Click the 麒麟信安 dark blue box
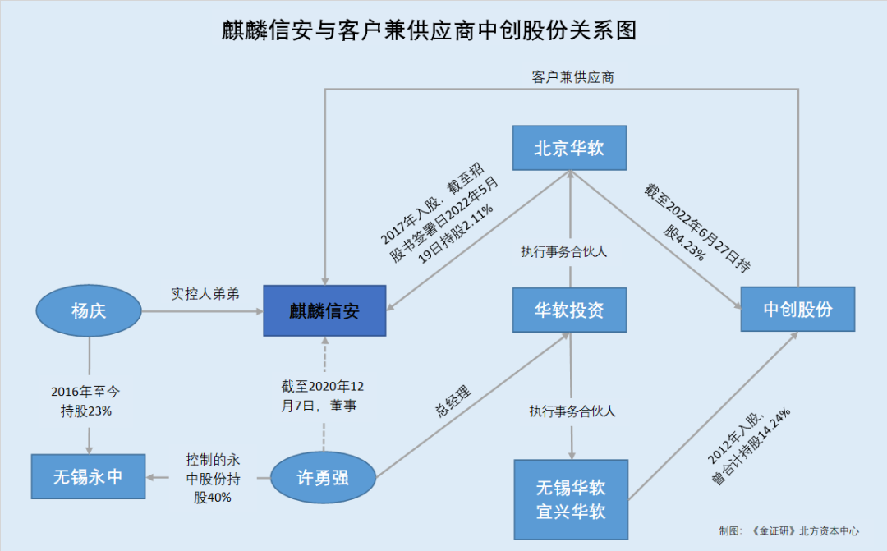coord(324,310)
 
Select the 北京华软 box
coord(569,149)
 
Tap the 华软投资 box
coord(569,310)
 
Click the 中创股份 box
coord(797,310)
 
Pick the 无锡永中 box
coord(88,476)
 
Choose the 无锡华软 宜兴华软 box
coord(571,499)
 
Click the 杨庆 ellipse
coord(89,310)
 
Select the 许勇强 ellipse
coord(323,476)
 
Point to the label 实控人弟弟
coord(205,293)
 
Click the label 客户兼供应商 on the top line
coord(573,77)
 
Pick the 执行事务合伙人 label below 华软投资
coord(572,411)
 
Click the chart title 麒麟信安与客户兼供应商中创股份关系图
coord(430,31)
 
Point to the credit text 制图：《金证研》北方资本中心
coord(788,530)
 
